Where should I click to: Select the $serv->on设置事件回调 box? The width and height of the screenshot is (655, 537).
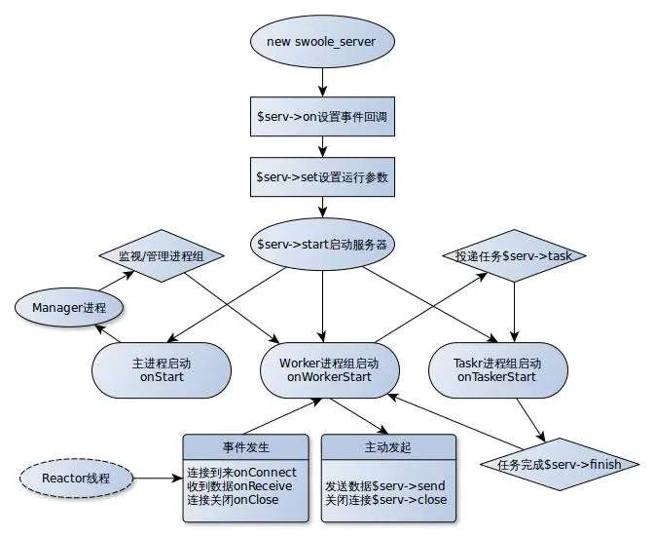pos(321,117)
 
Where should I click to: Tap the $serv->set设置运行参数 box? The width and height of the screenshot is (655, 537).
pos(321,178)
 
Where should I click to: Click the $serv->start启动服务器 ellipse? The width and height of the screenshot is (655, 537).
pos(321,244)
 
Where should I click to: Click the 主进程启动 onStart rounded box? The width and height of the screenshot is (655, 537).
pos(162,369)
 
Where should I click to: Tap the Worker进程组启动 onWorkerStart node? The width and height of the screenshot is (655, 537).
pos(321,369)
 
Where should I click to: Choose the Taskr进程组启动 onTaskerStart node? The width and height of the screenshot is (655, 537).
pos(498,369)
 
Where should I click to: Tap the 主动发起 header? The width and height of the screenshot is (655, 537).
pos(388,446)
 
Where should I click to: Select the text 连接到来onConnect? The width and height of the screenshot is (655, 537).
pos(241,471)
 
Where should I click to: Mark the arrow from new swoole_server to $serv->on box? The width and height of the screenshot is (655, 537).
pos(321,79)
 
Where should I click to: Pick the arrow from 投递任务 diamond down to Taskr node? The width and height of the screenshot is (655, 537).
pos(514,312)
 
